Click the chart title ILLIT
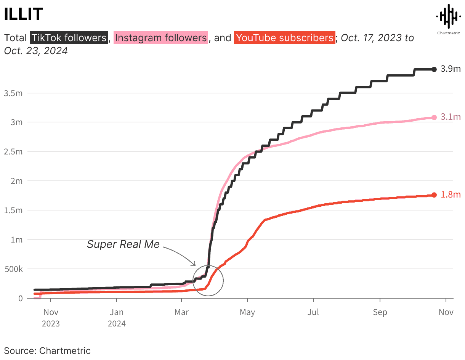coord(23,14)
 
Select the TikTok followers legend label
coord(69,38)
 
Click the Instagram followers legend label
coord(161,38)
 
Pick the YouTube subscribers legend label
coord(285,38)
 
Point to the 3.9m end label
coord(451,69)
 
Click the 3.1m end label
coord(451,117)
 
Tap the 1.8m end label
coord(451,195)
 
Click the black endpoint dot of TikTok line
coord(434,69)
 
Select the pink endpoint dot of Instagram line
coord(434,117)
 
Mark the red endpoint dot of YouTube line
coord(434,195)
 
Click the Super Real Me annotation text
coord(123,244)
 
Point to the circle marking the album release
coord(208,280)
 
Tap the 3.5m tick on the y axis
coord(13,93)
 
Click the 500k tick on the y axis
coord(13,269)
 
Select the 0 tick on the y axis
coord(21,298)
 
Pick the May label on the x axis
coord(247,312)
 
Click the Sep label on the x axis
coord(380,312)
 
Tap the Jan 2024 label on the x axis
coord(117,318)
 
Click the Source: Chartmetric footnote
coord(47,350)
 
